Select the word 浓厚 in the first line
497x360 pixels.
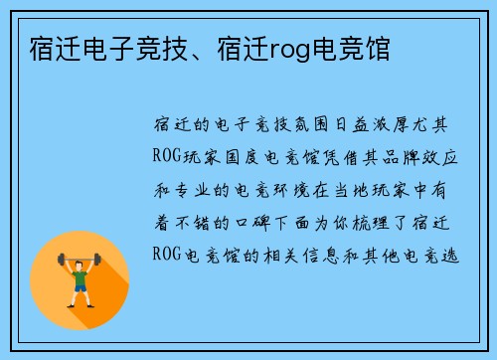405,125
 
